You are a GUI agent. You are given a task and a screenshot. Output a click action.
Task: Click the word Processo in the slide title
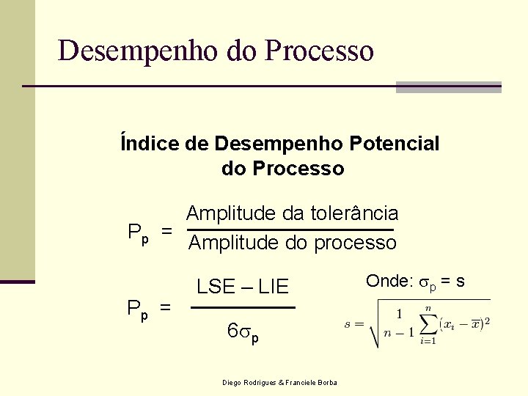tap(320, 51)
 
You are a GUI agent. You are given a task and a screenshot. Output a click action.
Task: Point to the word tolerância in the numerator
tap(353, 213)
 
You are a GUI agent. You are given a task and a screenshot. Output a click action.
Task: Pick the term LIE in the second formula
tap(273, 287)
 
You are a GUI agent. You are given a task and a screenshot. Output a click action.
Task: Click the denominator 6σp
tap(243, 332)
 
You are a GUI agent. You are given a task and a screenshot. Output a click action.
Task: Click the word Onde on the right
tap(387, 282)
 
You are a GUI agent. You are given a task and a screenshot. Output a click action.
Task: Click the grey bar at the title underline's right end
tap(448, 87)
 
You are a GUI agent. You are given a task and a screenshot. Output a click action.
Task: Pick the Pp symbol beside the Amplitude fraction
tap(138, 233)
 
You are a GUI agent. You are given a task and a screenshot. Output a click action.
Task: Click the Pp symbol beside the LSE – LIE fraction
tap(138, 309)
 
